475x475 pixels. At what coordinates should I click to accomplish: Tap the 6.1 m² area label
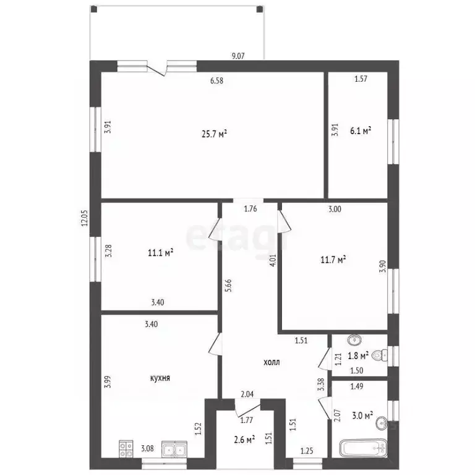click(361, 131)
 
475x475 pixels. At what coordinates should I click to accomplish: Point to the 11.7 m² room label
click(333, 260)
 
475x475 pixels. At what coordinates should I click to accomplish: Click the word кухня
click(160, 378)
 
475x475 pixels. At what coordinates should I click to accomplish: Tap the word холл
click(271, 362)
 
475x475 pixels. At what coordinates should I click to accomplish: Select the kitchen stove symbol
click(127, 448)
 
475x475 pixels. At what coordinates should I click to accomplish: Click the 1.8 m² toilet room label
click(359, 356)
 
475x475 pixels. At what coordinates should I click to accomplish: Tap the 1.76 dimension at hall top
click(250, 208)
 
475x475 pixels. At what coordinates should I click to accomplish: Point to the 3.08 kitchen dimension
click(147, 448)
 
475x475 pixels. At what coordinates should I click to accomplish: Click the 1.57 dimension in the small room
click(361, 79)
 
